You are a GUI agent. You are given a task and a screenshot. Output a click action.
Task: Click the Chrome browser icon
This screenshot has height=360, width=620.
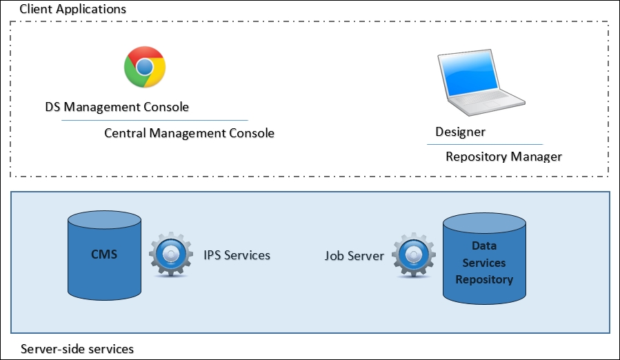click(x=144, y=67)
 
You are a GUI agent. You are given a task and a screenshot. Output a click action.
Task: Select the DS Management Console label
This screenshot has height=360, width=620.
click(x=117, y=107)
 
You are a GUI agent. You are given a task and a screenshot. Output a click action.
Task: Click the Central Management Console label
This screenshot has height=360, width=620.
click(x=189, y=133)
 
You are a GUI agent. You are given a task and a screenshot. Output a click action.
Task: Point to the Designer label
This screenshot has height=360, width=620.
click(x=460, y=132)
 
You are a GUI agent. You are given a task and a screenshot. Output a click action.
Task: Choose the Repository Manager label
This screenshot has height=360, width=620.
click(x=503, y=157)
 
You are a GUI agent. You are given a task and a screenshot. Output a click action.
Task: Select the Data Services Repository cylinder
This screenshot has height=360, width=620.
click(x=484, y=259)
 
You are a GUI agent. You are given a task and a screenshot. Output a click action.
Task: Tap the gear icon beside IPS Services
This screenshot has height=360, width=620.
click(x=170, y=254)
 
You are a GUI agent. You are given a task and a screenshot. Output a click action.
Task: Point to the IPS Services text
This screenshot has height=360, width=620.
click(x=237, y=255)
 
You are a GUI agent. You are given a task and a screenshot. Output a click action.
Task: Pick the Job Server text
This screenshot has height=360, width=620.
click(x=354, y=256)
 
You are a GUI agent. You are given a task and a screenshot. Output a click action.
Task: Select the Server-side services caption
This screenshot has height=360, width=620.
click(x=77, y=349)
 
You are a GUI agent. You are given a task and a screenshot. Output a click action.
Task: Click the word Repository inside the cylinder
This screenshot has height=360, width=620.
click(x=484, y=280)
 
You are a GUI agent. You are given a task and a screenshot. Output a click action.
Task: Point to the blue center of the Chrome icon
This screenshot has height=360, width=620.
click(x=144, y=67)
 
